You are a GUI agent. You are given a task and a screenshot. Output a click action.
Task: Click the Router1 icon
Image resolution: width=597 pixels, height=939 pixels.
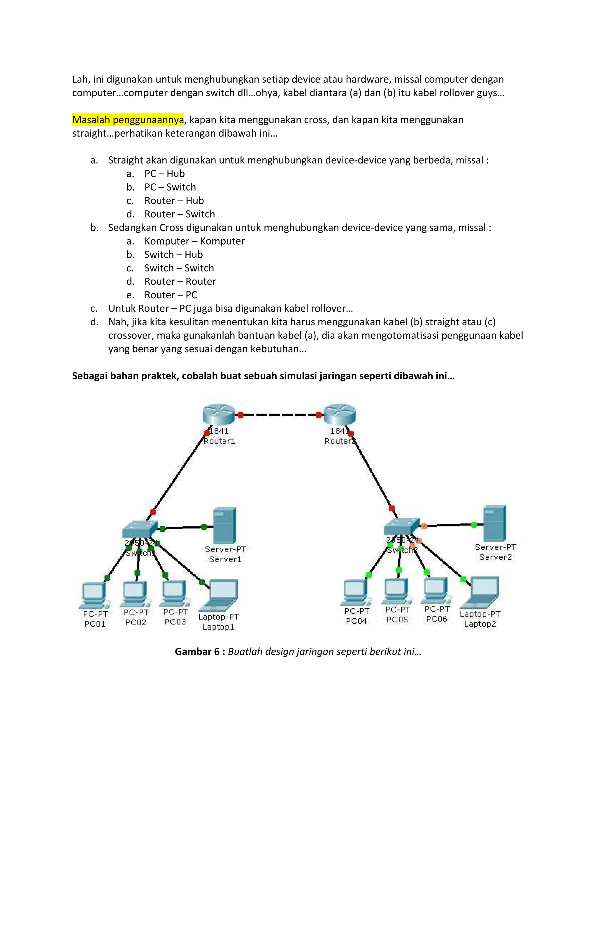219,415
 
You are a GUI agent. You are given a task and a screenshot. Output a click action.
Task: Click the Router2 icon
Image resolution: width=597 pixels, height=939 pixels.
339,415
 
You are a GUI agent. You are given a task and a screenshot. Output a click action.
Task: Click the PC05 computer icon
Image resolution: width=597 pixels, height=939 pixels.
397,591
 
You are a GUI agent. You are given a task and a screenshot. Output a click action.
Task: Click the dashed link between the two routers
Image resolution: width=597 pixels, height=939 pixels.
279,415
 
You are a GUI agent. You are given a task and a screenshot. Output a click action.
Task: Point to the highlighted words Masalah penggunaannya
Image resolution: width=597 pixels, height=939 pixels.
128,120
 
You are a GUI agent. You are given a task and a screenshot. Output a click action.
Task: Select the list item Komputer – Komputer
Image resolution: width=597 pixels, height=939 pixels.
194,241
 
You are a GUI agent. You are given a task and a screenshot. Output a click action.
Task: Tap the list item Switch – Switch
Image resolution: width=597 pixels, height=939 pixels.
179,268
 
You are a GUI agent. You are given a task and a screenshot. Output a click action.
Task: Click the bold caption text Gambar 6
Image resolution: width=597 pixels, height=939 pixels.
197,652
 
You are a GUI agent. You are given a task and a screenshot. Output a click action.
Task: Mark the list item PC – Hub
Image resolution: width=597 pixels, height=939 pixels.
164,174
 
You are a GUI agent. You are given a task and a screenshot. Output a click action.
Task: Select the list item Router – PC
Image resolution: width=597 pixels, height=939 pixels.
171,295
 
